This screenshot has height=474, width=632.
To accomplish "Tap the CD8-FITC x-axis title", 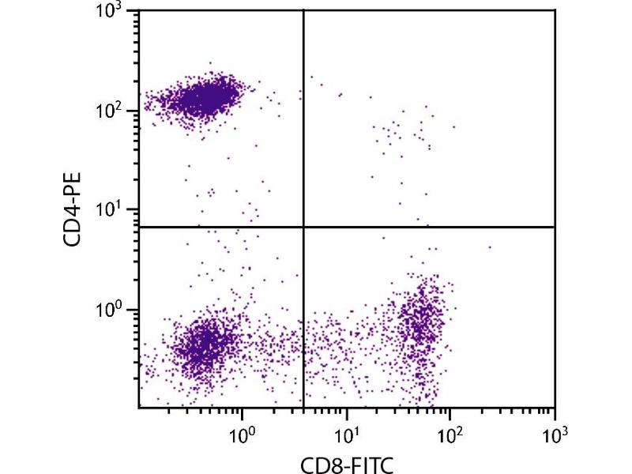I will (x=347, y=463).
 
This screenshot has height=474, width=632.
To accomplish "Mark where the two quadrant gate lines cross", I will (x=304, y=227).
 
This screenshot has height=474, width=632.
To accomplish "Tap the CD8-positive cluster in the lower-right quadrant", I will (x=423, y=324).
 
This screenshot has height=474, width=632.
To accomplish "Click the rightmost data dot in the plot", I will (x=490, y=247).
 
